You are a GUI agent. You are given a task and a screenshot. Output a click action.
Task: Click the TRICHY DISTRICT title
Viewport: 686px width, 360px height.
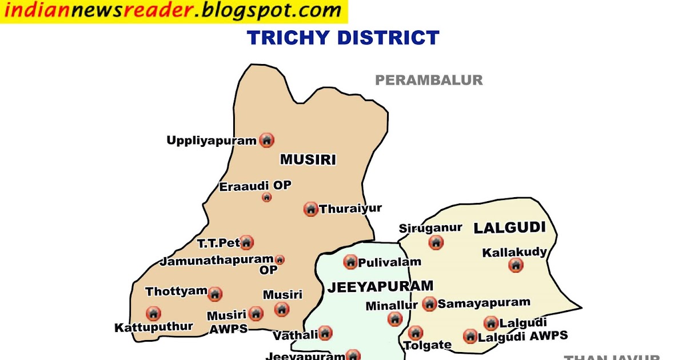[x=343, y=38]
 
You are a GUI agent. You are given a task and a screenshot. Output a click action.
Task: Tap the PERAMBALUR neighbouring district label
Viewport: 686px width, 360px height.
[x=429, y=81]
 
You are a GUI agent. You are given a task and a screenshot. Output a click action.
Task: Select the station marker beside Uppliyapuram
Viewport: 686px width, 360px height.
[x=266, y=140]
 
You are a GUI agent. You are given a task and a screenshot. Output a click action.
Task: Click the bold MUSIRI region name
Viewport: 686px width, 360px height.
[x=308, y=160]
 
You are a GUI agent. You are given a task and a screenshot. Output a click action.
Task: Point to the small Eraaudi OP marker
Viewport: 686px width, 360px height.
[x=266, y=198]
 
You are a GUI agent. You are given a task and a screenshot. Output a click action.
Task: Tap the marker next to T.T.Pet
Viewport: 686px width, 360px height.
[x=246, y=243]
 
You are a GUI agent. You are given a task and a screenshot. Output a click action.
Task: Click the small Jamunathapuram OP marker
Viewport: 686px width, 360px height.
[x=280, y=260]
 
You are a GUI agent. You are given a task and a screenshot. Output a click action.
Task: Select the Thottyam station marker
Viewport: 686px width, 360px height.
[x=215, y=294]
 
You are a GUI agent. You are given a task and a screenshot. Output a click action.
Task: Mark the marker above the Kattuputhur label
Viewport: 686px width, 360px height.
[x=153, y=314]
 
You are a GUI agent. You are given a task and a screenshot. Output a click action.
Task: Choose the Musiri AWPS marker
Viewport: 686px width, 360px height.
[x=256, y=314]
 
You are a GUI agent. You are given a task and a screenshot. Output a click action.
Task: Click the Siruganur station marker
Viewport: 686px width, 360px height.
[x=436, y=242]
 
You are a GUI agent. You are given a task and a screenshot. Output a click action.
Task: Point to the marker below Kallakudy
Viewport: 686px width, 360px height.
[x=516, y=265]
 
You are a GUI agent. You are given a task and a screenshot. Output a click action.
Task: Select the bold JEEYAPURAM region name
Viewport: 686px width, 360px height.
[x=380, y=287]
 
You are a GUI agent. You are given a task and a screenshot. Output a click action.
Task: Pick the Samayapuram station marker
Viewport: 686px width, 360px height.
[x=429, y=303]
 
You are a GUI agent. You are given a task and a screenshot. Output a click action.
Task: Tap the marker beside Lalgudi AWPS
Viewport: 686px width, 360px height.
[x=470, y=336]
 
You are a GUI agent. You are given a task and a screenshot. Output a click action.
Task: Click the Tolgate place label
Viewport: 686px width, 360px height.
[x=428, y=345]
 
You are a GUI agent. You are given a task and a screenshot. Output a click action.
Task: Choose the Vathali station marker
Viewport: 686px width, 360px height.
[x=325, y=333]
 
